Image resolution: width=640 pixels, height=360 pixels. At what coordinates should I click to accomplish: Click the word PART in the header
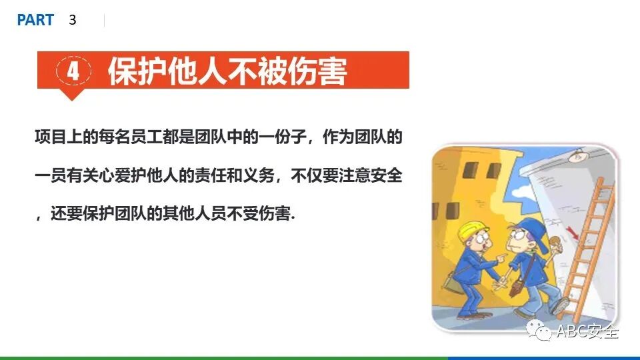35,21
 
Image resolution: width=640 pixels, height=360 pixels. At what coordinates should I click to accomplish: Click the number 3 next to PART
73,21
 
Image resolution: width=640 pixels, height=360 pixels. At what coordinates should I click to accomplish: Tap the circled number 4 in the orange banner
73,71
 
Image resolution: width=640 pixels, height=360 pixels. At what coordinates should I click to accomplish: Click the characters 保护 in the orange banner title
137,71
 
